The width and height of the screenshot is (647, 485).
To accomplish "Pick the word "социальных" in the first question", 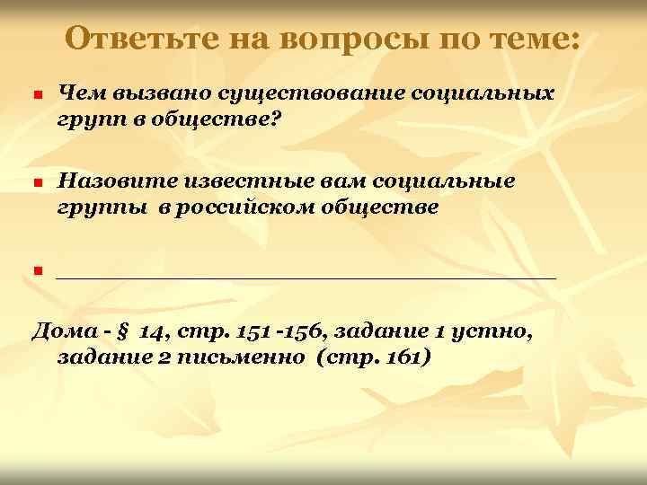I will coord(488,93).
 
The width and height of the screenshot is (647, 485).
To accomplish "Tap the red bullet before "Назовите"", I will coord(37,184).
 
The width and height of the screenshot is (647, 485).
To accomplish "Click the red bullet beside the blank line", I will coord(37,270).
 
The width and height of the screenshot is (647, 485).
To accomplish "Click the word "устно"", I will coord(495,333).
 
